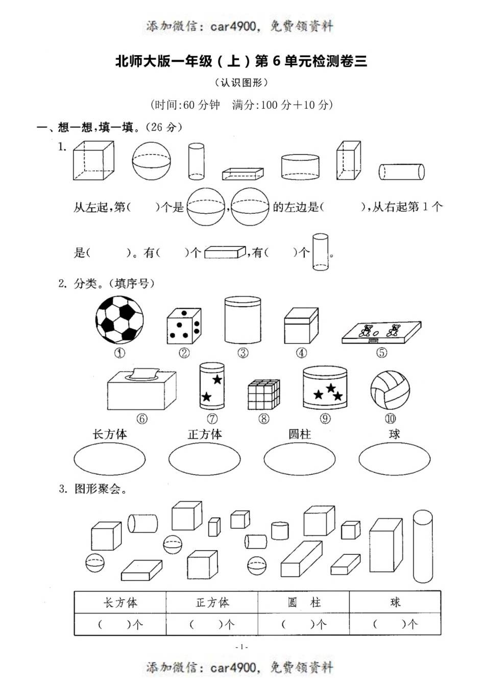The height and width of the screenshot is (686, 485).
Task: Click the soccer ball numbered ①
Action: [119, 321]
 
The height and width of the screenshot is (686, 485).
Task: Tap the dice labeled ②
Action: [184, 326]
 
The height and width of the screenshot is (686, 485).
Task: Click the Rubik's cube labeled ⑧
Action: [263, 395]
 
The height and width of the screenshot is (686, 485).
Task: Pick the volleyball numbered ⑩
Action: [390, 390]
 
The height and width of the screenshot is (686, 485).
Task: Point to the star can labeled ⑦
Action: [212, 386]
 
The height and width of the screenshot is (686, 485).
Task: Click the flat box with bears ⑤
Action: [381, 332]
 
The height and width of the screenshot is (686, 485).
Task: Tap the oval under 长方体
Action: [109, 459]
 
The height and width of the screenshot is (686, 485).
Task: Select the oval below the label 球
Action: [394, 459]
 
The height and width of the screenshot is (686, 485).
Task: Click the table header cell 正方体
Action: [212, 603]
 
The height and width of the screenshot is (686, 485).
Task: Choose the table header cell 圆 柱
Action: [304, 603]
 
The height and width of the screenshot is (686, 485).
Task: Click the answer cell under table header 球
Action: [395, 624]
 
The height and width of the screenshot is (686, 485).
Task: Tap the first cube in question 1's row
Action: [93, 160]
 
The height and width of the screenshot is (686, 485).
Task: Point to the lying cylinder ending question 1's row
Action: [401, 171]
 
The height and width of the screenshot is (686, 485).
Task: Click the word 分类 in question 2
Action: [85, 283]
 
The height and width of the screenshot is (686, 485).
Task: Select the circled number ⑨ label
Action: [325, 419]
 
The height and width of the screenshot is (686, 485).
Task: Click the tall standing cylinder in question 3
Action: [422, 546]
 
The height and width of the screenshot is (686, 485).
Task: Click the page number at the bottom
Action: [242, 647]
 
